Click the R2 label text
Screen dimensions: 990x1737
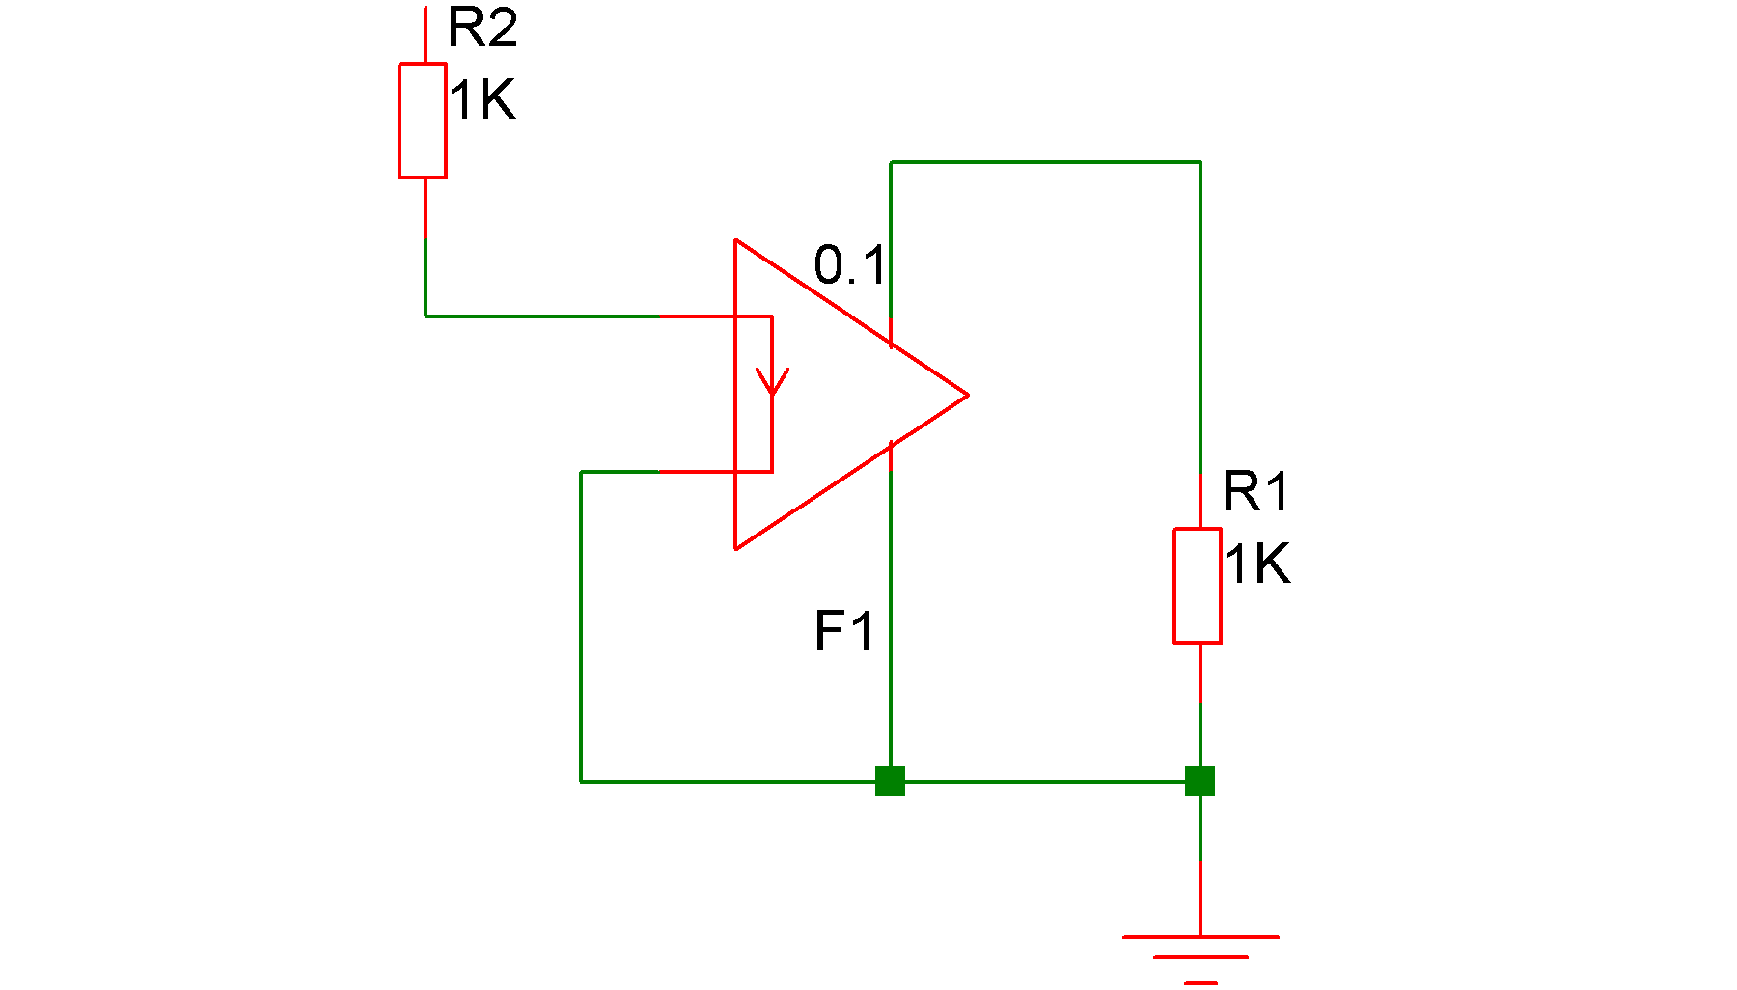coord(482,28)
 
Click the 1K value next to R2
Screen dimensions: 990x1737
coord(482,100)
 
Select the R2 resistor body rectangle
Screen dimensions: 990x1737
coord(423,121)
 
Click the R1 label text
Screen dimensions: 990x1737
coord(1255,492)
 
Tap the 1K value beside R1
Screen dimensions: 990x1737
coord(1257,564)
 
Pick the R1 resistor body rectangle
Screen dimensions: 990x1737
coord(1198,585)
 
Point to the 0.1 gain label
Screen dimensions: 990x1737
coord(849,265)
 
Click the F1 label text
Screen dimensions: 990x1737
coord(843,632)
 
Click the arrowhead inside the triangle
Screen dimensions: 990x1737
coord(772,381)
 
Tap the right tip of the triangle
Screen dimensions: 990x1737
coord(967,395)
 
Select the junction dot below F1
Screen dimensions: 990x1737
coord(890,781)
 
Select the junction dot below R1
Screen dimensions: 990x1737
coord(1199,781)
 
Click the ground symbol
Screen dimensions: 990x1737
coord(1200,955)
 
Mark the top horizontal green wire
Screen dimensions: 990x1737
coord(1045,162)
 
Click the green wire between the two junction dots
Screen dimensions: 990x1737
coord(1045,781)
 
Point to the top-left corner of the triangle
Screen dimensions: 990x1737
coord(735,240)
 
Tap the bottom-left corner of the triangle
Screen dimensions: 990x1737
coord(735,548)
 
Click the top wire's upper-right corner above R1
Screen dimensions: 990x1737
coord(1199,162)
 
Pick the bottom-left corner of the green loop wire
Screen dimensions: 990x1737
coord(581,781)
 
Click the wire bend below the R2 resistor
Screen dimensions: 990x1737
coord(426,316)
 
